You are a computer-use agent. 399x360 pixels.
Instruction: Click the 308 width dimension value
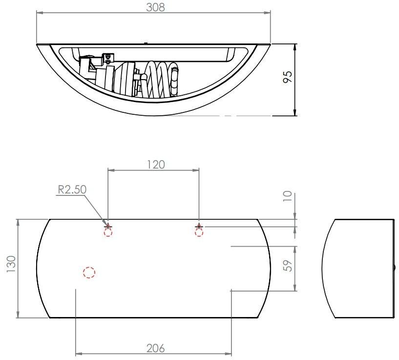click(x=155, y=7)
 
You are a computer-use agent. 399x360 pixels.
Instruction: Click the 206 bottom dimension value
click(x=155, y=348)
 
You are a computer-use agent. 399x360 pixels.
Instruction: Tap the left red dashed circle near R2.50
click(x=108, y=232)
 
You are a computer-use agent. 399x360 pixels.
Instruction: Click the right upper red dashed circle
click(x=199, y=232)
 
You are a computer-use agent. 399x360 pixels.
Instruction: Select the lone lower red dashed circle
click(x=88, y=273)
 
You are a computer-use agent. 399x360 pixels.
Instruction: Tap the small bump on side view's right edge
click(x=395, y=267)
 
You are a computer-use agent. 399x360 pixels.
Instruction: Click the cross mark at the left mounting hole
click(x=108, y=227)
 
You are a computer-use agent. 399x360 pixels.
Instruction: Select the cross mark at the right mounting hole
click(x=199, y=226)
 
